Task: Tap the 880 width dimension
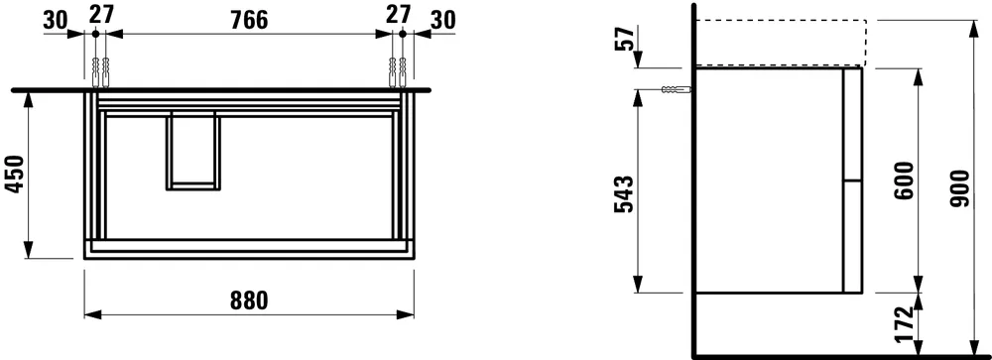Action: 248,300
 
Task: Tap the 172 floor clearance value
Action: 903,324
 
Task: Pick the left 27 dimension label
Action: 99,14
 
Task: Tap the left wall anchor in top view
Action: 96,70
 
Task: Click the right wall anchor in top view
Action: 401,70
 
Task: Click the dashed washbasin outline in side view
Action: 782,42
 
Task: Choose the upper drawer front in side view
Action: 852,123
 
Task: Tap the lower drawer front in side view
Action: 852,236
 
